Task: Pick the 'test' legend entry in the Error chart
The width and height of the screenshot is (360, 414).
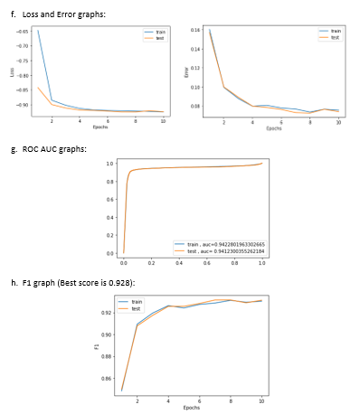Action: tap(335, 37)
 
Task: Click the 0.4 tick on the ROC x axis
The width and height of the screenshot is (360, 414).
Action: tap(179, 263)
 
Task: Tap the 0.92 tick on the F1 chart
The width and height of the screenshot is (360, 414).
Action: tap(106, 313)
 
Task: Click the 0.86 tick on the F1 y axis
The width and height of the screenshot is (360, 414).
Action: tap(106, 378)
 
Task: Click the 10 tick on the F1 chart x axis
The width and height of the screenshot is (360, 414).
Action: tap(261, 400)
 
